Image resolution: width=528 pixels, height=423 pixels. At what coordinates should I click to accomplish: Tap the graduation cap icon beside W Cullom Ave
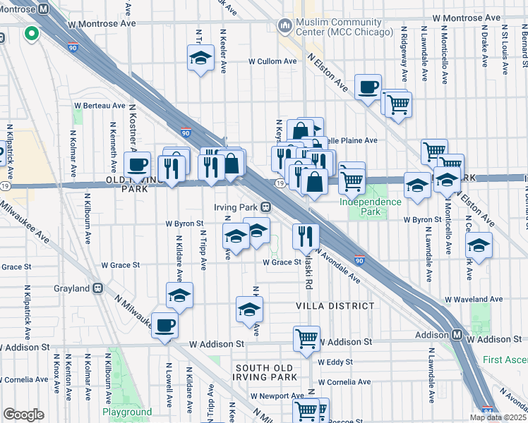coord(201,58)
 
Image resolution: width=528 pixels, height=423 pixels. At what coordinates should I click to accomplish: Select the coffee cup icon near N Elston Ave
coord(367,88)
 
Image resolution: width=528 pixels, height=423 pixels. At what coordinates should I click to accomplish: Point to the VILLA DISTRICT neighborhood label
coord(335,306)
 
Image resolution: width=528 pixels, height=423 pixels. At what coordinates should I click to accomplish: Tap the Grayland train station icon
coord(98,288)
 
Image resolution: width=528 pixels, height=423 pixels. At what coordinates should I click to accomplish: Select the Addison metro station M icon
coord(457,334)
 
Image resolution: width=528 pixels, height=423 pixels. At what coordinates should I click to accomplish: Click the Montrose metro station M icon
coord(43,9)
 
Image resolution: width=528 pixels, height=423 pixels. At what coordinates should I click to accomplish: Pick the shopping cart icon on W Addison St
coord(306,338)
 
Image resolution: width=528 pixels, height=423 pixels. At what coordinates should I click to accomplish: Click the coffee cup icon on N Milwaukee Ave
coord(164,326)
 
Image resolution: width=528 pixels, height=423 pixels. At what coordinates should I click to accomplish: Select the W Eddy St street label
coord(335,362)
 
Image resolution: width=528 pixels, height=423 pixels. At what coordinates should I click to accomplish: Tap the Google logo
coord(23,415)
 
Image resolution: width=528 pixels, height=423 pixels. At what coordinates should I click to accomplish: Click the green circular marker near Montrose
coord(31,33)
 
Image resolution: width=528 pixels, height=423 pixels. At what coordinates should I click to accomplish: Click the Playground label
coord(127,412)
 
